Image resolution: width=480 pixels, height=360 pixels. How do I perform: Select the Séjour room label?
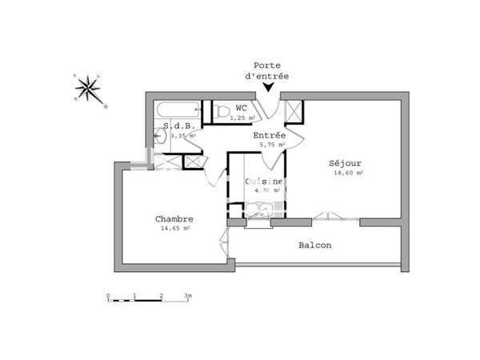(x=345, y=164)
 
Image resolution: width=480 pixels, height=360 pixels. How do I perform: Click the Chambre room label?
(x=174, y=218)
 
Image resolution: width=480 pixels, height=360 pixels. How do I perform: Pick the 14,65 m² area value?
(x=174, y=228)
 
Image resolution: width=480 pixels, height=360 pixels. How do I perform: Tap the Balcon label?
(x=315, y=245)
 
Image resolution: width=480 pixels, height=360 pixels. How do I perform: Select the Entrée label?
(x=270, y=135)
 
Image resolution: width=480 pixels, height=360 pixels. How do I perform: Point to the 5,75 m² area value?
(x=270, y=145)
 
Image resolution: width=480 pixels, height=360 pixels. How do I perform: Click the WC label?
(x=241, y=109)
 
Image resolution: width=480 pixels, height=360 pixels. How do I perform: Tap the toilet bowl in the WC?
(x=222, y=111)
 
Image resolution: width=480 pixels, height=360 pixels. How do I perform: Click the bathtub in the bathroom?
(x=177, y=110)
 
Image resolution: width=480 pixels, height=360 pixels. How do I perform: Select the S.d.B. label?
(x=177, y=126)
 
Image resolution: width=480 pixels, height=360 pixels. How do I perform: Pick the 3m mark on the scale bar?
(x=188, y=296)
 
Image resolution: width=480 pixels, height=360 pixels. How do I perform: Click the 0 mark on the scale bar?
(x=108, y=296)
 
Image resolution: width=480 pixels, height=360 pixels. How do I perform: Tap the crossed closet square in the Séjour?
(x=293, y=112)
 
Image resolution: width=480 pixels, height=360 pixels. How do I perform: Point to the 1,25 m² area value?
(x=242, y=118)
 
